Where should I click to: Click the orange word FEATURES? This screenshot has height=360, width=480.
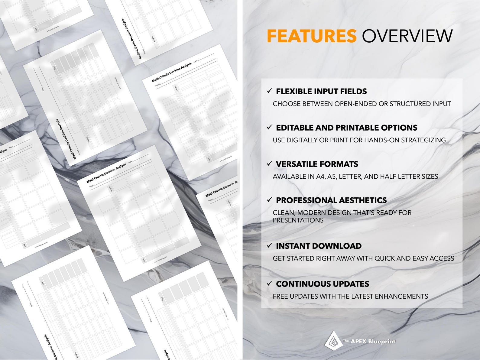311,36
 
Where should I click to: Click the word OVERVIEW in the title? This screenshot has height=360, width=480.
407,36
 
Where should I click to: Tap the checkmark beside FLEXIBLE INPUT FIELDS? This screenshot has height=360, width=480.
269,91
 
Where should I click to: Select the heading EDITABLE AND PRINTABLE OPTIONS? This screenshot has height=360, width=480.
346,128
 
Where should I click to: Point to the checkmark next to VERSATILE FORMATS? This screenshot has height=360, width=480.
269,164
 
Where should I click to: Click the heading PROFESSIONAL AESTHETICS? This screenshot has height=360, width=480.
331,200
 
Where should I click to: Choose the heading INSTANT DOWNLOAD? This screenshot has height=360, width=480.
319,246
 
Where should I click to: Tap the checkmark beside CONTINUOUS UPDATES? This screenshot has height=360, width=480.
269,284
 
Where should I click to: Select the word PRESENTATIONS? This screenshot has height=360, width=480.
298,220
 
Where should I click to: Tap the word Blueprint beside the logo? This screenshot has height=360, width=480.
381,342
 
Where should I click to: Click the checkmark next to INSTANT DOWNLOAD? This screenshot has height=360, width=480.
269,245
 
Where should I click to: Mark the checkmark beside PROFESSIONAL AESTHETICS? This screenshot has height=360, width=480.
269,200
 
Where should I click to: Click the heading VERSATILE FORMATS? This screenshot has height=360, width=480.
317,164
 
